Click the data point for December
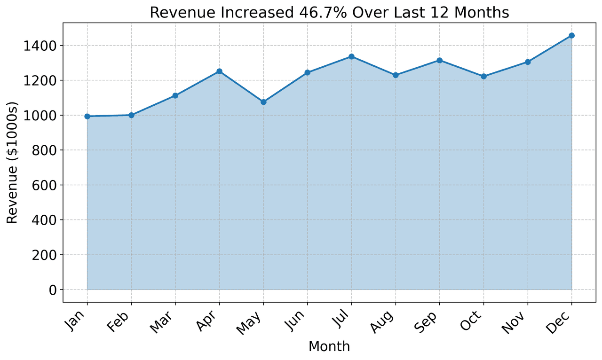tap(571, 35)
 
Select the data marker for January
tap(87, 116)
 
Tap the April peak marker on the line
tap(219, 71)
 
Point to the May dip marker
tap(263, 102)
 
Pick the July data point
tap(351, 56)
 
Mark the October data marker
tap(483, 76)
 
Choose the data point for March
tap(175, 95)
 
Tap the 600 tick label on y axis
tap(46, 185)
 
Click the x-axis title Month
tap(329, 347)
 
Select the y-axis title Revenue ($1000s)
tap(13, 163)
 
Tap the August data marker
tap(396, 75)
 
